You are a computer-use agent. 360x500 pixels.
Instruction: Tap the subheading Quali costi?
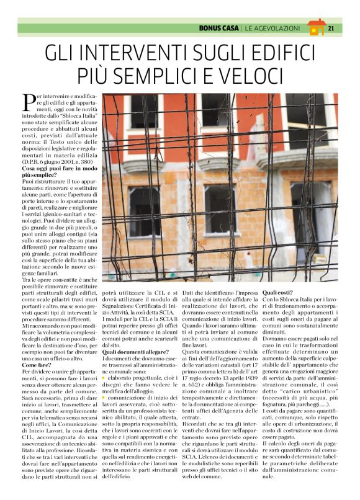278,292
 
